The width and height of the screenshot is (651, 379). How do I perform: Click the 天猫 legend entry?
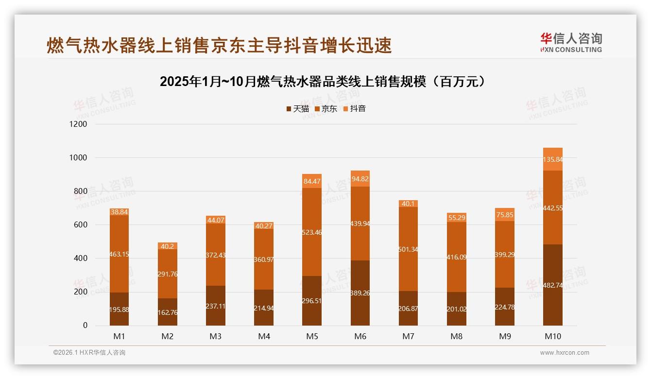297,109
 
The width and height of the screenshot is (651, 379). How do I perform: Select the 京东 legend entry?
326,109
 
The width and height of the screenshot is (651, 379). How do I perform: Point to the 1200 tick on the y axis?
78,124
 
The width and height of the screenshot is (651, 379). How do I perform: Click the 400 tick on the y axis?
81,258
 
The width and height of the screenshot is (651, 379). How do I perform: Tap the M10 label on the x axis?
552,336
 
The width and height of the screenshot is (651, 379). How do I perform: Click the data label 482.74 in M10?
553,286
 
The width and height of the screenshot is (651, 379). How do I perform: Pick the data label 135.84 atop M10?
553,159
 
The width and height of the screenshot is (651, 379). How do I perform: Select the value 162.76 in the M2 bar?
167,312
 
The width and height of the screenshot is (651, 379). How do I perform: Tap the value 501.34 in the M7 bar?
408,249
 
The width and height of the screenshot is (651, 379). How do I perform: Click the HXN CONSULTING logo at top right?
571,43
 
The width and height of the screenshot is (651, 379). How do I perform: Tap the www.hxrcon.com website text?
565,353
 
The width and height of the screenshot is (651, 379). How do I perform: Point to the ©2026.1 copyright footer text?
89,353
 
